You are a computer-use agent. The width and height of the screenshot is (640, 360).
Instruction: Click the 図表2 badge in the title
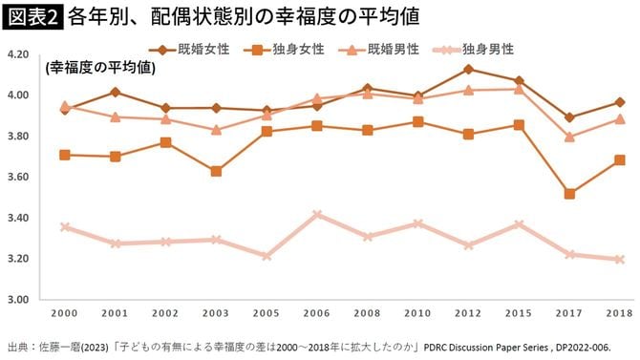point(32,16)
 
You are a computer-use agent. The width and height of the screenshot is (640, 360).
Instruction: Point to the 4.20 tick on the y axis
point(18,54)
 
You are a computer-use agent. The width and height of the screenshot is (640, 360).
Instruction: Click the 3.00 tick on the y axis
point(18,299)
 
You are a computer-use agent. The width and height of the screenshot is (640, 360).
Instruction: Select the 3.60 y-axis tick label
point(18,177)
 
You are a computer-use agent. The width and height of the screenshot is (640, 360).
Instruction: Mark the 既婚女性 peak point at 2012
point(468,69)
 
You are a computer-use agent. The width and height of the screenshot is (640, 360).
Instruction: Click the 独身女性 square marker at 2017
point(569,194)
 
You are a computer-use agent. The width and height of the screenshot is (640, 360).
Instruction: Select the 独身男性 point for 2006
point(317,215)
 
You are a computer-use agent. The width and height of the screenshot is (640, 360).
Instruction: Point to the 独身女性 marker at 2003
point(216,171)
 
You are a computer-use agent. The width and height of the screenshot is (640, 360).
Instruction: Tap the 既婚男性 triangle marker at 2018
point(619,119)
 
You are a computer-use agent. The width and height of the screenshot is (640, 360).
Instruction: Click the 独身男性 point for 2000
point(64,227)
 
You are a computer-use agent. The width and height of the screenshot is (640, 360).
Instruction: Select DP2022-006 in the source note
point(591,347)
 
